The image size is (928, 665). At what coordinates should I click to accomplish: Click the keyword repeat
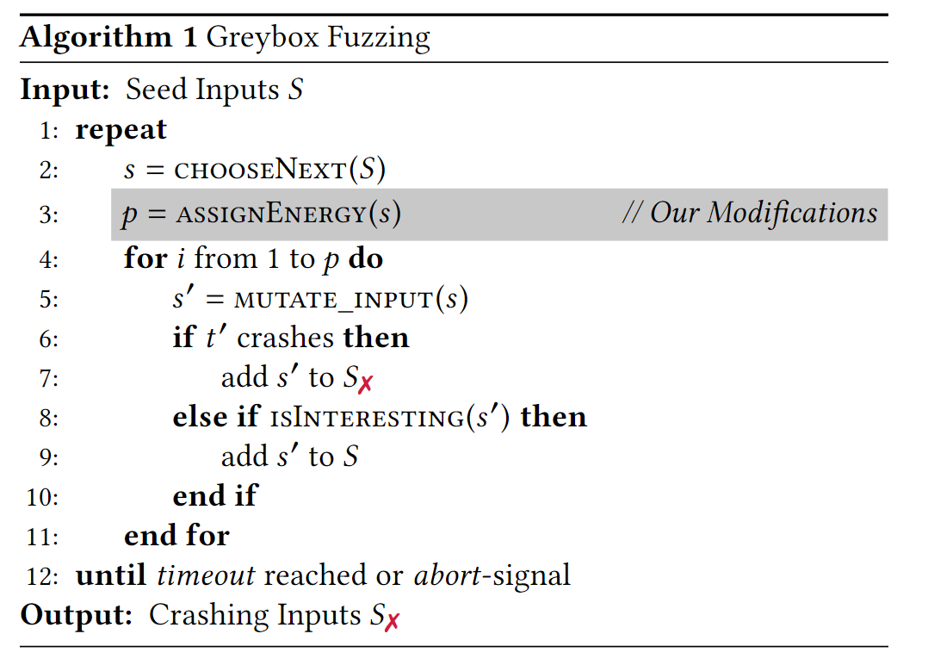point(121,130)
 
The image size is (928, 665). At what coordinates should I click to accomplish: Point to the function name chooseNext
point(259,170)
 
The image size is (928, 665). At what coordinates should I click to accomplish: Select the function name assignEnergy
point(272,214)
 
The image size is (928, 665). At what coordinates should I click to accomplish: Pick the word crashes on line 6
point(286,338)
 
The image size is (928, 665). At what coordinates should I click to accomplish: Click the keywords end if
point(215,496)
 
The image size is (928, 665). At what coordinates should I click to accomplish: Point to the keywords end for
point(176,536)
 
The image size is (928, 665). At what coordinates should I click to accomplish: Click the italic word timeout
point(206,575)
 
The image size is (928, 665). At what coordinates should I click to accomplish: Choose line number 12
point(42,575)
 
